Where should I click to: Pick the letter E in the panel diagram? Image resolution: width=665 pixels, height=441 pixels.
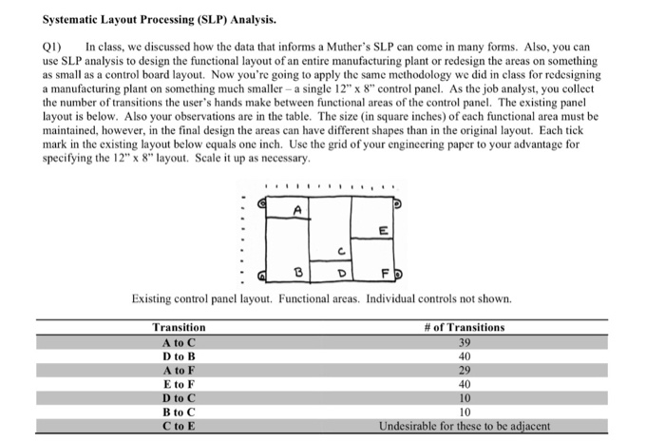tap(381, 230)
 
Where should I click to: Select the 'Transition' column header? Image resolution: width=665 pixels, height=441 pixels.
tap(179, 328)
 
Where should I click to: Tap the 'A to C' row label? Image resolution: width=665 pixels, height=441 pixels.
tap(179, 341)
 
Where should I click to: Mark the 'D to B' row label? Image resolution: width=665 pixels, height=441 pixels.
tap(179, 355)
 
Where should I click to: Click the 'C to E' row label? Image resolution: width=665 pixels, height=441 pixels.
tap(179, 425)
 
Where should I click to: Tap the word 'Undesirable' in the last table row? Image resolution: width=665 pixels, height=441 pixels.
tap(408, 425)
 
